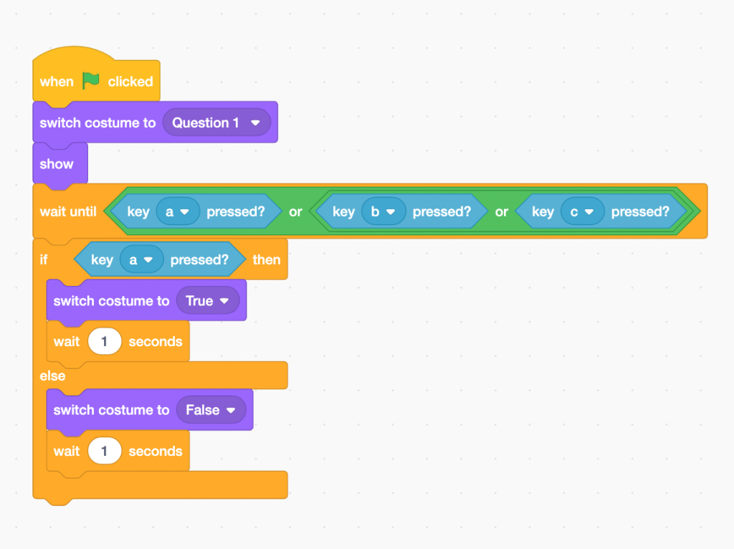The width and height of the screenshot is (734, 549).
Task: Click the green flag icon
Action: coord(91,81)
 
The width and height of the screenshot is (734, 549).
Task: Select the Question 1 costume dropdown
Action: coord(216,123)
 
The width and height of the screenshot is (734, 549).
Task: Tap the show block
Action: coord(57,164)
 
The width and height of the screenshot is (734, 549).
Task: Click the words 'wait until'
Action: coord(68,211)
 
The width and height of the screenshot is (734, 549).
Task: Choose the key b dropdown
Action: coord(383,211)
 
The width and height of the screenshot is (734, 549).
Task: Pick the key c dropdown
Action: coord(582,211)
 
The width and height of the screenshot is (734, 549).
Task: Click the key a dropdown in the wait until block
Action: coord(178,211)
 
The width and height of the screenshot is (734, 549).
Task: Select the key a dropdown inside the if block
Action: coord(141,259)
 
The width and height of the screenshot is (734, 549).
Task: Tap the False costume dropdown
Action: coord(211,410)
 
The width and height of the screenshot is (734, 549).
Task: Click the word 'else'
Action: coord(52,376)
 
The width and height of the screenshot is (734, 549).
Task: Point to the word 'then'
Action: coord(267,259)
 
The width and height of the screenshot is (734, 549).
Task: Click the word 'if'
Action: coord(44,259)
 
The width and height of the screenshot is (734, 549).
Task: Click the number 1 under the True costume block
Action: coord(105,342)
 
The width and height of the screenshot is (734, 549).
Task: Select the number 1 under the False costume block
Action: coord(105,452)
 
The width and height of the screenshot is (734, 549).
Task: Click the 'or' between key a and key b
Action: coord(295,211)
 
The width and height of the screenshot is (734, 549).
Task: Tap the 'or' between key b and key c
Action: coord(501,211)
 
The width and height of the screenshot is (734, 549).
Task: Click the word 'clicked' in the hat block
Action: coord(130,82)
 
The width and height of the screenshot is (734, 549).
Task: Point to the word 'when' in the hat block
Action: coord(57,82)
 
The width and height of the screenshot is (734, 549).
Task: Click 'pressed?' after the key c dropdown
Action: coord(640,211)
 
